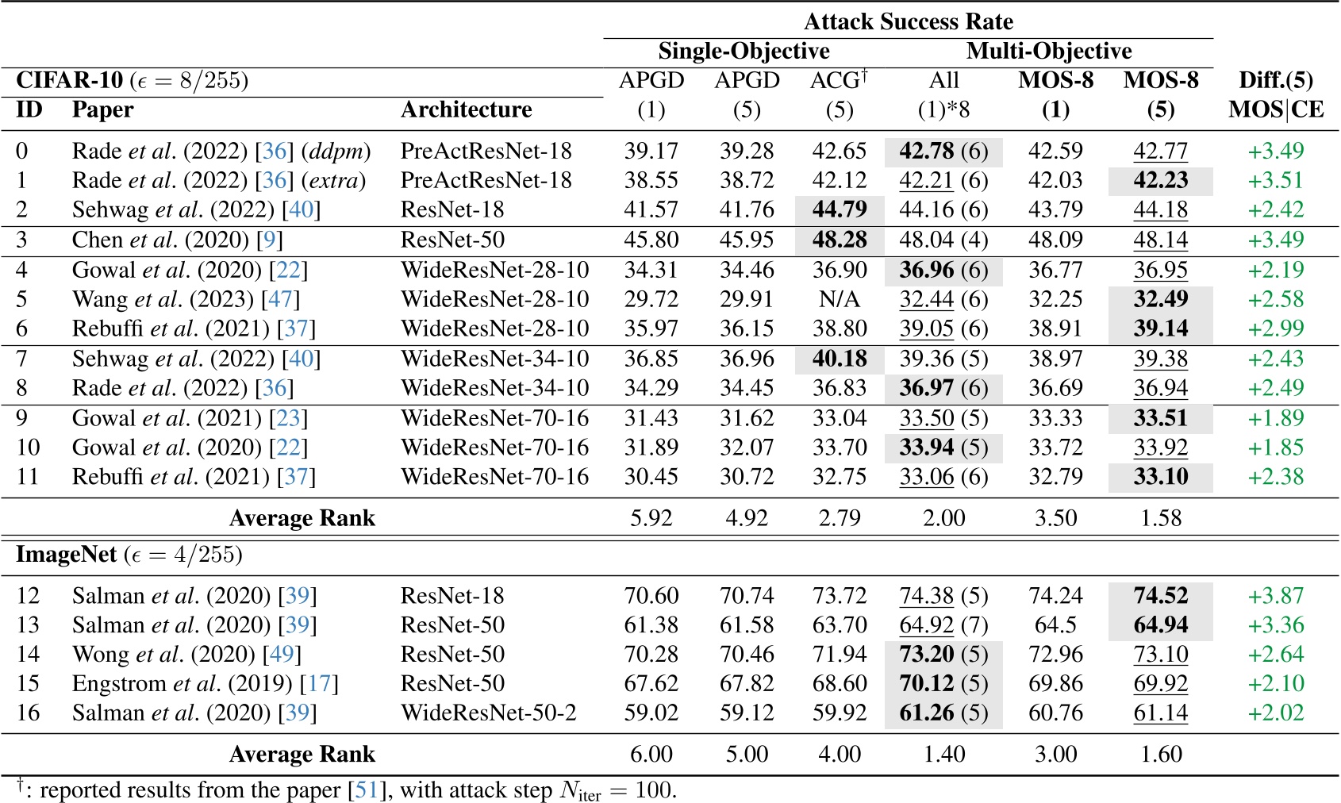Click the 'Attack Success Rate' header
908,21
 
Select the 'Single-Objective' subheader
744,51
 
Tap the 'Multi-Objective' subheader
1048,51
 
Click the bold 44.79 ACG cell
840,209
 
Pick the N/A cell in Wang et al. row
840,299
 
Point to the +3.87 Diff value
1275,596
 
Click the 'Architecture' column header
466,109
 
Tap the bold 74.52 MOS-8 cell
1160,596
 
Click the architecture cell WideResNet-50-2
488,713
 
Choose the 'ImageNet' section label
67,554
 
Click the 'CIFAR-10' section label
70,80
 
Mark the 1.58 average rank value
1160,518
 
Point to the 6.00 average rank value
651,754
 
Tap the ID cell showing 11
28,477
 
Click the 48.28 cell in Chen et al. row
840,240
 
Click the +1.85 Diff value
1275,448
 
